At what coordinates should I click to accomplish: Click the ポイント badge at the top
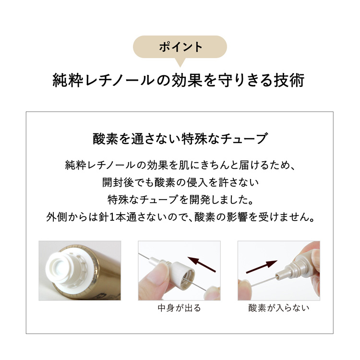[180, 47]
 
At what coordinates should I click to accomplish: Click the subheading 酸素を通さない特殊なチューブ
[180, 139]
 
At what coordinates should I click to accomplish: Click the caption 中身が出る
[180, 308]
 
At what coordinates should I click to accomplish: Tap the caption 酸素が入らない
[279, 308]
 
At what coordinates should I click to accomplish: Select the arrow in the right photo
[262, 265]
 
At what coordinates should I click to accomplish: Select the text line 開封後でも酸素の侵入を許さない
[180, 182]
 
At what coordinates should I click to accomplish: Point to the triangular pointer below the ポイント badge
[180, 62]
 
